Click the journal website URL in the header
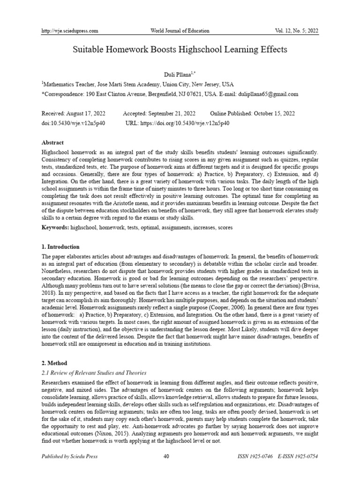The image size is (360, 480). pos(70,31)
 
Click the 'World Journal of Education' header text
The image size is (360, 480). pos(180,31)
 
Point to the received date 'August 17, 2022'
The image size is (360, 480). pos(88,113)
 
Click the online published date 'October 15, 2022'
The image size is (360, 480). pos(273,113)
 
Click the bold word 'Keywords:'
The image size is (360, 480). pos(55,227)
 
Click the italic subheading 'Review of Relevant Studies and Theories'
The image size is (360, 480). pos(98,373)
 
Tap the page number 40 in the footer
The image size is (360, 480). pos(180,457)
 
